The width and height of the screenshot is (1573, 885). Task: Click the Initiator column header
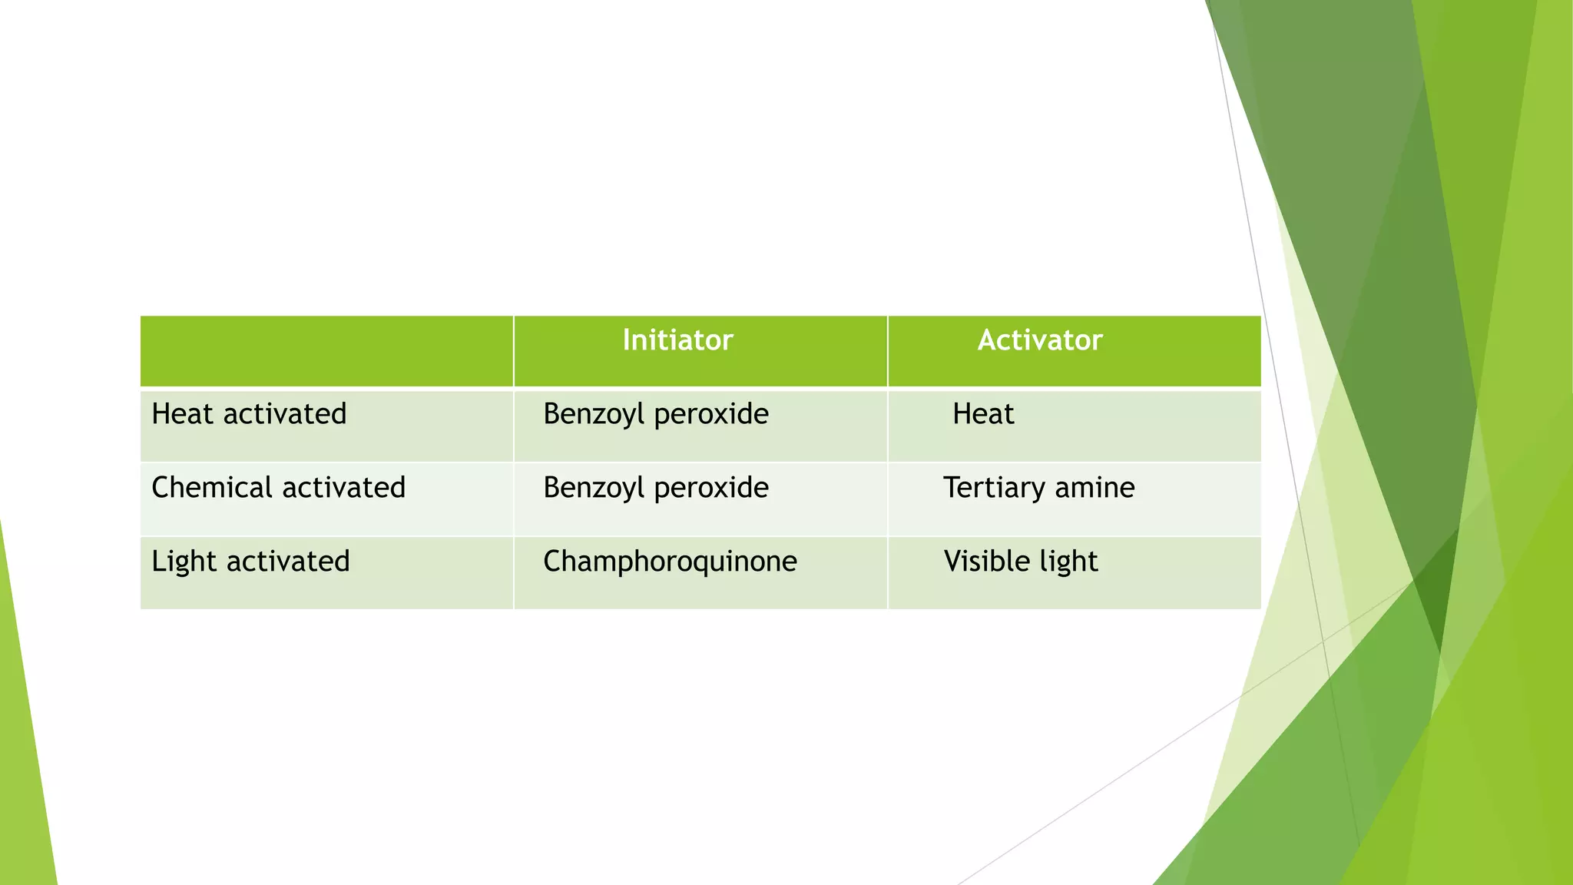pos(677,340)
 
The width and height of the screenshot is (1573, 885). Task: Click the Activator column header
pos(1039,340)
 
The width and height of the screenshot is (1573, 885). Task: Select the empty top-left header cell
pos(326,351)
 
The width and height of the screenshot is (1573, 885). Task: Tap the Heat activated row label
pos(249,414)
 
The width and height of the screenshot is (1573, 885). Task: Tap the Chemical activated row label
pos(278,488)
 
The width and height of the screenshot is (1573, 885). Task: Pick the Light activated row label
pos(250,562)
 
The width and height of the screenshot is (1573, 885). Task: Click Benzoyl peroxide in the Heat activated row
pos(655,414)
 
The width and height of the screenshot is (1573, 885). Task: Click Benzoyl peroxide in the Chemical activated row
pos(655,488)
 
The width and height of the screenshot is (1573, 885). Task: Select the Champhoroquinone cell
pos(670,562)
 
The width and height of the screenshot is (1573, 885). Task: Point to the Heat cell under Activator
pos(983,414)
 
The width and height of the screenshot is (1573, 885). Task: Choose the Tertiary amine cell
pos(1038,488)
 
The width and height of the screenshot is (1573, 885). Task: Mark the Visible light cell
pos(1020,562)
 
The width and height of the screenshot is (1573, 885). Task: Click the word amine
pos(1094,488)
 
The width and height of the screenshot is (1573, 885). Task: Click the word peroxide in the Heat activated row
pos(711,414)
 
